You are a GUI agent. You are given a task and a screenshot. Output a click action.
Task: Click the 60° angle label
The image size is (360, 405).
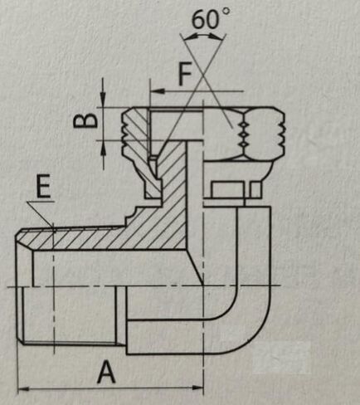211,18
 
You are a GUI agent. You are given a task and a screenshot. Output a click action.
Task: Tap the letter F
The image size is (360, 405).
185,74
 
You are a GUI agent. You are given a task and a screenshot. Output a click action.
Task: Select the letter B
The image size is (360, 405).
85,120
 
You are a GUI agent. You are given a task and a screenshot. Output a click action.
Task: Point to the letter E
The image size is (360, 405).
43,186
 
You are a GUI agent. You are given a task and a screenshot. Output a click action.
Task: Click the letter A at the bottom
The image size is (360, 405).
106,372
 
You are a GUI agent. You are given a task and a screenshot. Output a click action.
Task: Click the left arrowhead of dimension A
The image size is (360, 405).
23,389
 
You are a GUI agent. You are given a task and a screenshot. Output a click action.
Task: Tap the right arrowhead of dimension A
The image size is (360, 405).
197,388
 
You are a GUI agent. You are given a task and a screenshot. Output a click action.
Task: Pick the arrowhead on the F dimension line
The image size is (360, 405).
158,91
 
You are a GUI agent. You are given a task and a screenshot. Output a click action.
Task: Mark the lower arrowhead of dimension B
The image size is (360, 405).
103,148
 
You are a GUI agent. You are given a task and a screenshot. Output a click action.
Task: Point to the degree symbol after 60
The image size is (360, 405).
226,12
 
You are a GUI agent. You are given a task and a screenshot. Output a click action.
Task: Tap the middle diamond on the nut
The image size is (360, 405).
243,134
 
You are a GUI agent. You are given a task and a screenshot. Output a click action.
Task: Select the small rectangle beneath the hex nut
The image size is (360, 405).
227,189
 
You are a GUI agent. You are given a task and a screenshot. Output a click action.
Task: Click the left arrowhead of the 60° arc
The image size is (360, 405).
191,37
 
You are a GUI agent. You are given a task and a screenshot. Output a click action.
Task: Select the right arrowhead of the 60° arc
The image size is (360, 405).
216,37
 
